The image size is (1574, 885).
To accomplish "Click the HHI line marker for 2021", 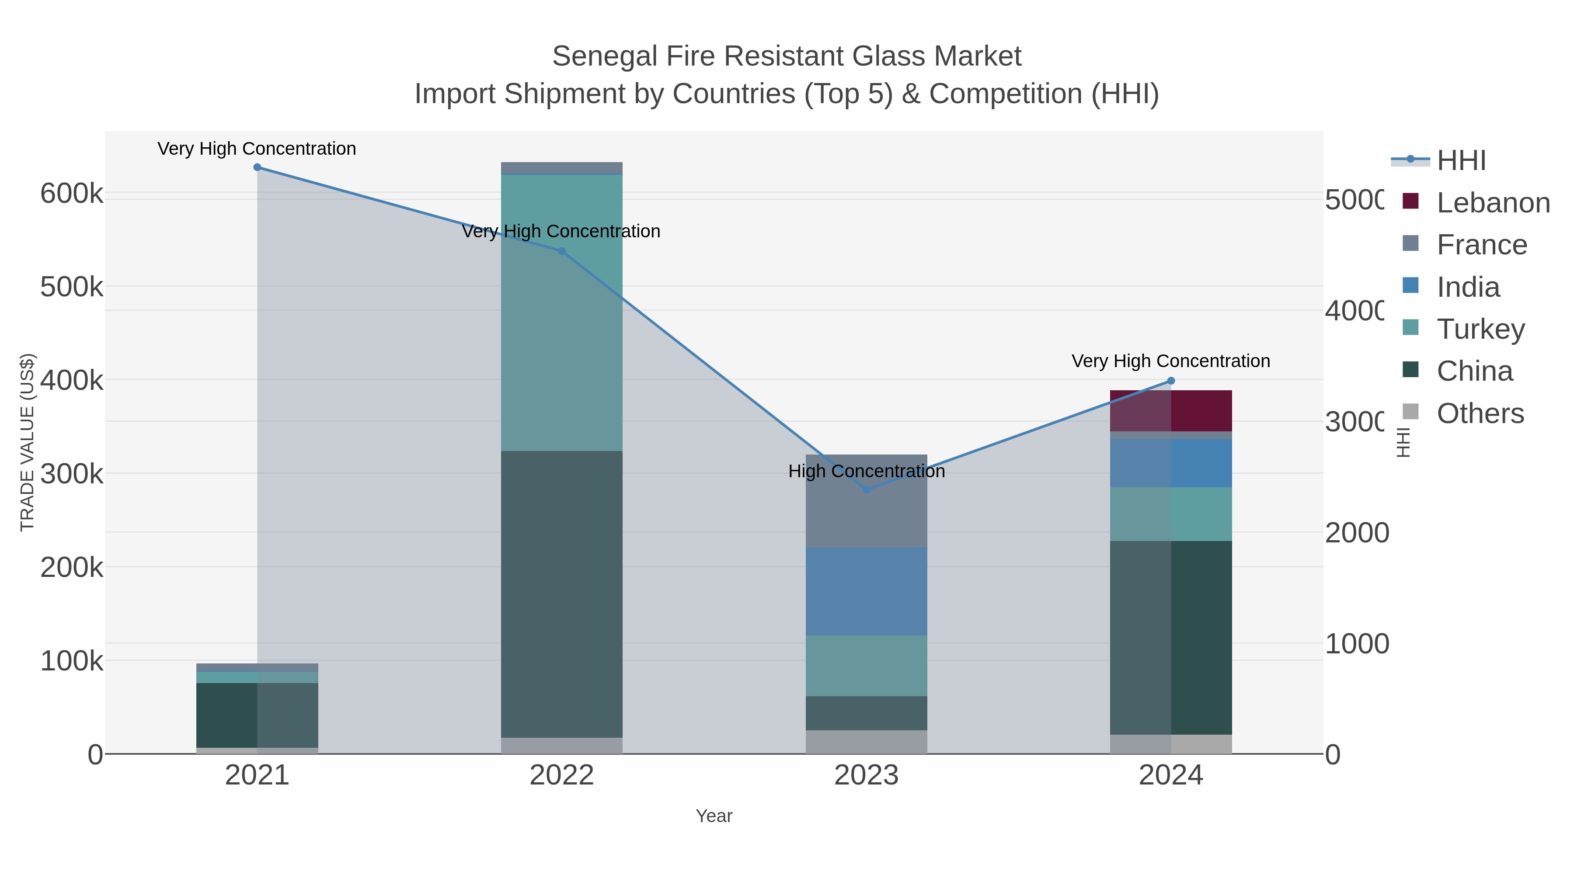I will click(x=257, y=167).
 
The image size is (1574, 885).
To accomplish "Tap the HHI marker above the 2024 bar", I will click(x=1171, y=381).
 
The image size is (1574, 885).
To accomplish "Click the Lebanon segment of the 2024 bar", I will click(x=1171, y=410).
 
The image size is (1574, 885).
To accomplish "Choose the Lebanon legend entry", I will click(x=1493, y=203).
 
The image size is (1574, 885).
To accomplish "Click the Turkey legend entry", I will click(x=1480, y=329).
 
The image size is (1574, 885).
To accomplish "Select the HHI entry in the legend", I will click(x=1460, y=161).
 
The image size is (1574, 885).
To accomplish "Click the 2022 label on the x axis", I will click(x=561, y=776).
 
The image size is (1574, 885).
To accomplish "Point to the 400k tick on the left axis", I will click(x=72, y=381).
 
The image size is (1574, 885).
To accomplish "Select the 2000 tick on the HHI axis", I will click(x=1356, y=533).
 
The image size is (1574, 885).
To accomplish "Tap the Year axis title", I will click(x=713, y=816).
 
